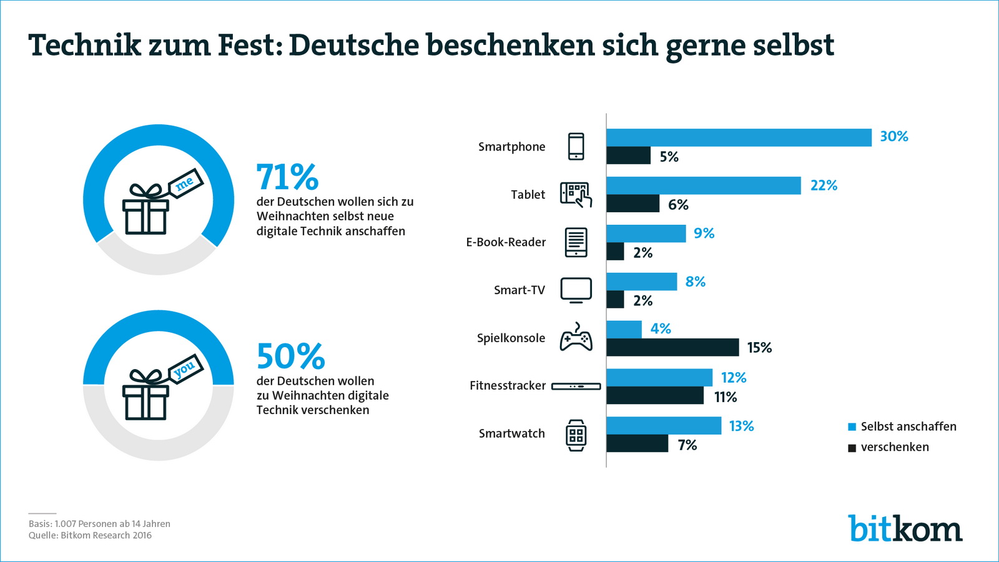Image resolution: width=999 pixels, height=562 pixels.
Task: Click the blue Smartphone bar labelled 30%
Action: pyautogui.click(x=739, y=137)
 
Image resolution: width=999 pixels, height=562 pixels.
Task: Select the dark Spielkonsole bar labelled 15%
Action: pyautogui.click(x=672, y=347)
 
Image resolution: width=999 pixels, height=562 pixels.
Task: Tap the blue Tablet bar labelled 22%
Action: pyautogui.click(x=703, y=185)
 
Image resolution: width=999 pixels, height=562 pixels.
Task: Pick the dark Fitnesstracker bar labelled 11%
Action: pyautogui.click(x=655, y=395)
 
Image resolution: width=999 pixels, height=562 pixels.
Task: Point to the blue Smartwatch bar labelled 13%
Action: pyautogui.click(x=664, y=425)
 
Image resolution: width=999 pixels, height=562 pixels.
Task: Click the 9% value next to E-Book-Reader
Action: pyautogui.click(x=704, y=234)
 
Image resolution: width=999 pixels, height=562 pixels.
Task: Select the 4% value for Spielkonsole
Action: pyautogui.click(x=661, y=329)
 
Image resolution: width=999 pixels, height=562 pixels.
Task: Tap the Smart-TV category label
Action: pyautogui.click(x=519, y=290)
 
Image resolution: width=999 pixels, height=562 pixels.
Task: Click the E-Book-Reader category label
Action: pyautogui.click(x=506, y=242)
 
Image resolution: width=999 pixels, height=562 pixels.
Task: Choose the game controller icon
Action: pyautogui.click(x=576, y=337)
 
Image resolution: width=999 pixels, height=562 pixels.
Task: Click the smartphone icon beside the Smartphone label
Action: pyautogui.click(x=576, y=147)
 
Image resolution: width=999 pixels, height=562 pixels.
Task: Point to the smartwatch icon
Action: pyautogui.click(x=576, y=435)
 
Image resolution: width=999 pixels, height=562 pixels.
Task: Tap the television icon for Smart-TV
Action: pyautogui.click(x=576, y=290)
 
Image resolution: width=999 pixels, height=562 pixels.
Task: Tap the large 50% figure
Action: pyautogui.click(x=290, y=357)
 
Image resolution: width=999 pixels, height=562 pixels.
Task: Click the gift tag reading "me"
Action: pyautogui.click(x=185, y=183)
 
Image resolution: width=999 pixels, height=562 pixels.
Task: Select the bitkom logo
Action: pyautogui.click(x=905, y=529)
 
